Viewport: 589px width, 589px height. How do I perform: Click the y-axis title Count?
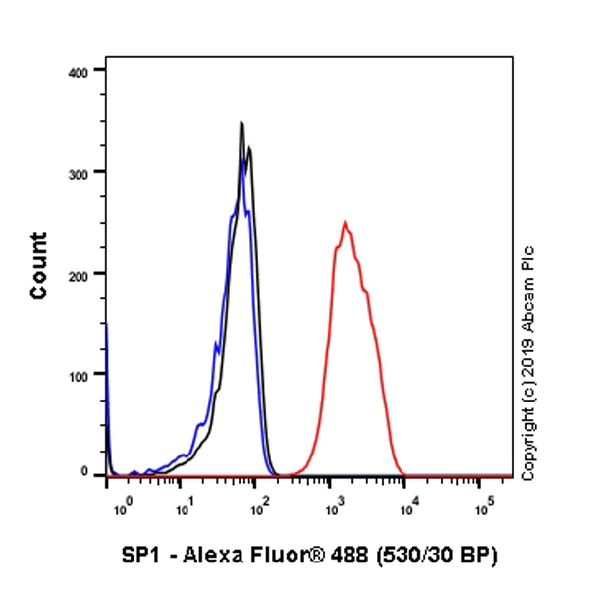(x=39, y=265)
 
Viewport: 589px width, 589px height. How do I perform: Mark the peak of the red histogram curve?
(x=345, y=222)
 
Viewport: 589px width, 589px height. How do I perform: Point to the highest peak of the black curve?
(x=241, y=123)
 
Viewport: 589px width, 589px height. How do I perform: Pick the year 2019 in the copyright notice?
(x=529, y=348)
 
